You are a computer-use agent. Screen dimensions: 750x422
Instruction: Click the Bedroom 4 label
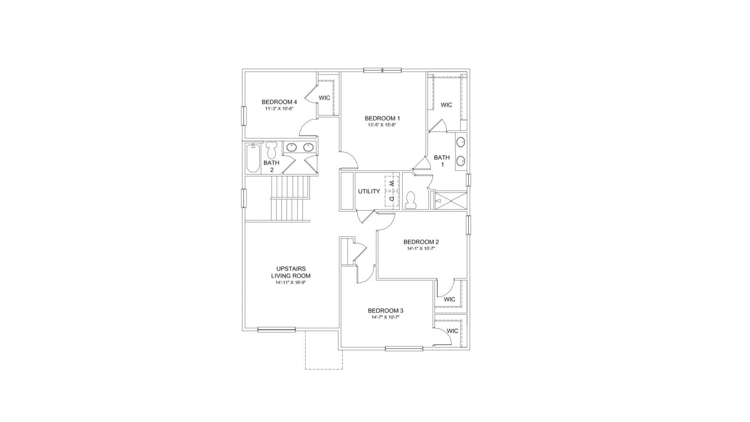click(x=279, y=102)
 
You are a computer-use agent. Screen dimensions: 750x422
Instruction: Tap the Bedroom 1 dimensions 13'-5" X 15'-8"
click(x=382, y=125)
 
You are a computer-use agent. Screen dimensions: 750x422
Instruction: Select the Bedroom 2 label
click(x=421, y=242)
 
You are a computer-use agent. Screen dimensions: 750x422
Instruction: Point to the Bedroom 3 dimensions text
click(x=385, y=317)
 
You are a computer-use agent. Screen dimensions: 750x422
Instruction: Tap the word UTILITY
click(x=369, y=191)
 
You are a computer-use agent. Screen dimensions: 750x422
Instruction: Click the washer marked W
click(x=392, y=183)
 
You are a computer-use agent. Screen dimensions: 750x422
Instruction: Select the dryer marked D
click(x=392, y=199)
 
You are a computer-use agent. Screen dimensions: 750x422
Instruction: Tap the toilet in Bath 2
click(x=271, y=150)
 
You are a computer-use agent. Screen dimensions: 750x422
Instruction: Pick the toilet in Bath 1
click(x=410, y=200)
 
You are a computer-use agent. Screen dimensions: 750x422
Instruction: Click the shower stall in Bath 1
click(x=450, y=200)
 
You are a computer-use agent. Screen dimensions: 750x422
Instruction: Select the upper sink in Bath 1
click(x=461, y=142)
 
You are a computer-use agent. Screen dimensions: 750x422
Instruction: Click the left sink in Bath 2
click(x=292, y=147)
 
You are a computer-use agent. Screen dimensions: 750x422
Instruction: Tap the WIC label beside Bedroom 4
click(x=324, y=98)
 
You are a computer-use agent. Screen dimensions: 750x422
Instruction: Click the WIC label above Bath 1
click(x=446, y=105)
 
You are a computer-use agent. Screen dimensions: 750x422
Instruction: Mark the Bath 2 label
click(x=271, y=166)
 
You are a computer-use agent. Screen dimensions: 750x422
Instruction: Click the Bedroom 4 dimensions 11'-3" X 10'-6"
click(x=279, y=108)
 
